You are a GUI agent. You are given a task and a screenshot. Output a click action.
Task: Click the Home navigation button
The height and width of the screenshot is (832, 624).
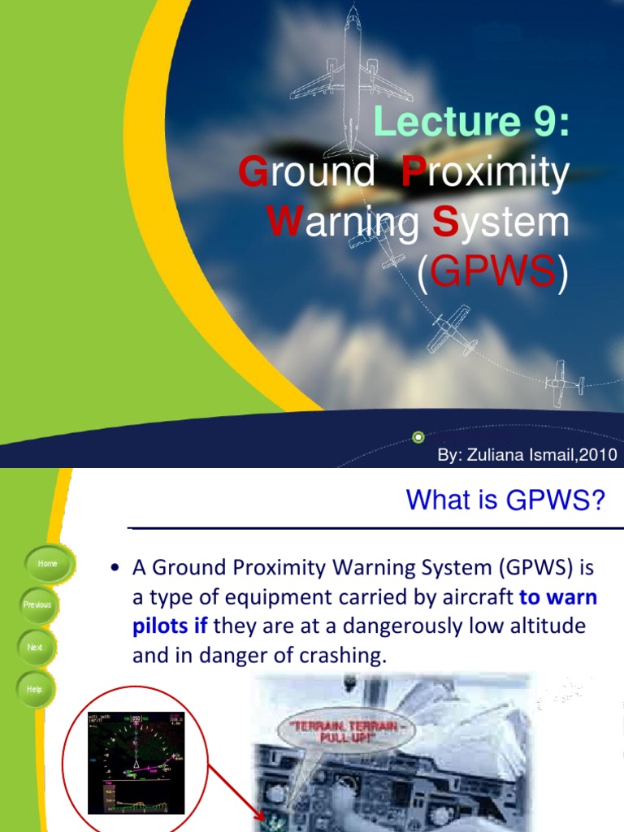coord(48,563)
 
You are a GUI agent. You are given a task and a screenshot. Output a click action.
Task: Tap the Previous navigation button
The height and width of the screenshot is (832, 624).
coord(37,604)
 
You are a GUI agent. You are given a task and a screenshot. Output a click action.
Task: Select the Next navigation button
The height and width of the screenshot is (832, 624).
coord(34,648)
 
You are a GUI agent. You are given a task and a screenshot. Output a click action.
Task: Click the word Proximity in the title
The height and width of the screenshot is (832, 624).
coord(485,175)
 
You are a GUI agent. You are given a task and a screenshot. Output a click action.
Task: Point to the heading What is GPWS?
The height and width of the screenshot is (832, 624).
coord(505,500)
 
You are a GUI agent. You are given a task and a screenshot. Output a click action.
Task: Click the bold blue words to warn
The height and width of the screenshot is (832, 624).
coord(558,598)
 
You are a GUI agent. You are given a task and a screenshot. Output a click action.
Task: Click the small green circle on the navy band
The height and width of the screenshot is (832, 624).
coord(418,435)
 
